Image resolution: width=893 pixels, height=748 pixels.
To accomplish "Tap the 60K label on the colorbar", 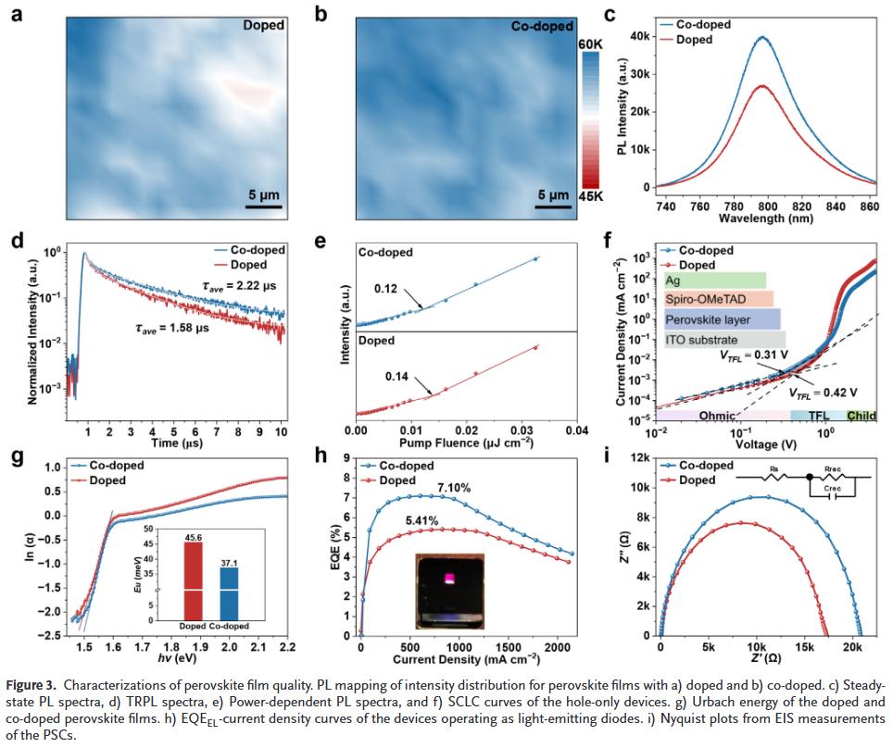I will (591, 44).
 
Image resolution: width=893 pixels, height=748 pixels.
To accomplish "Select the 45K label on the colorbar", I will (591, 195).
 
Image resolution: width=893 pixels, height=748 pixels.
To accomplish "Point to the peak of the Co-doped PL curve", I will (761, 38).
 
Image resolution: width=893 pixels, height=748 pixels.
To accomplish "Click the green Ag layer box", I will (714, 280).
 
